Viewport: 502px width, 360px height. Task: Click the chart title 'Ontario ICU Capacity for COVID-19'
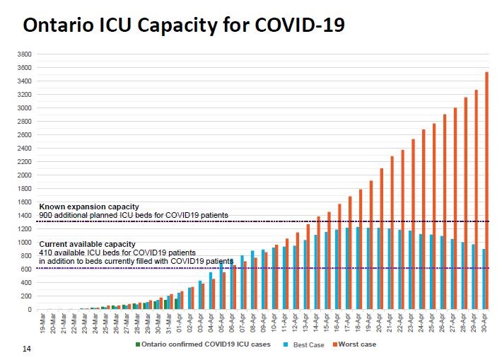pyautogui.click(x=185, y=26)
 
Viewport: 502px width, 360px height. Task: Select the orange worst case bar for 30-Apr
pyautogui.click(x=486, y=191)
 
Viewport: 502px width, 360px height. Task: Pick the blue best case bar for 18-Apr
pyautogui.click(x=358, y=268)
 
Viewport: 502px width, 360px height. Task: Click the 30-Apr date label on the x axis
pyautogui.click(x=484, y=323)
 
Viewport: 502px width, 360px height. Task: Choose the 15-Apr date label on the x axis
pyautogui.click(x=327, y=323)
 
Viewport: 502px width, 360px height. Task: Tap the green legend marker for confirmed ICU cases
pyautogui.click(x=138, y=344)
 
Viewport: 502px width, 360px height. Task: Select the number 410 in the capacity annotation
pyautogui.click(x=45, y=252)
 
